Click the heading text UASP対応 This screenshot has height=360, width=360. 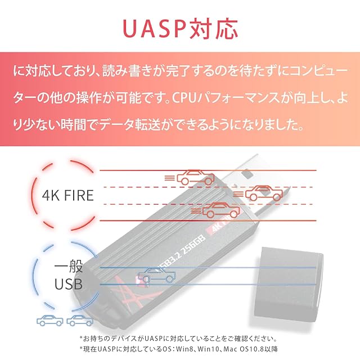tap(180, 28)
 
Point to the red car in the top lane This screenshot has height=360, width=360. tap(195, 178)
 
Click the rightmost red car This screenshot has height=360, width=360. tap(263, 193)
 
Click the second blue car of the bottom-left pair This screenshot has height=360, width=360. tap(79, 321)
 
